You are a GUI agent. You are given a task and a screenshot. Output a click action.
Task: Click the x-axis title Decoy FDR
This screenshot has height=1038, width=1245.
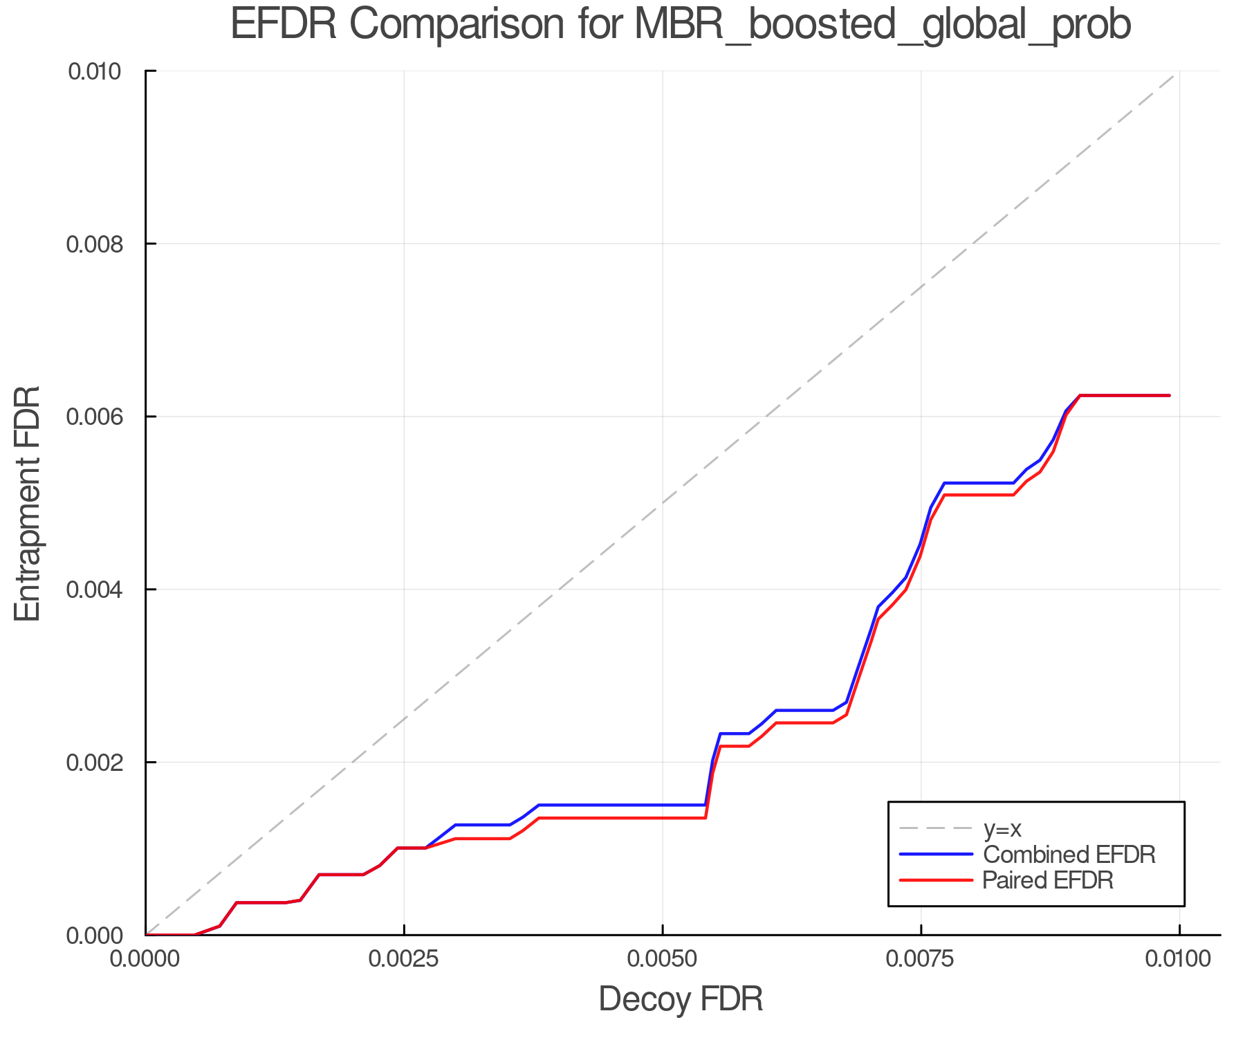tap(681, 999)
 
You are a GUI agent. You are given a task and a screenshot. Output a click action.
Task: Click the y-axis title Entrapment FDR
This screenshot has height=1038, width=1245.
tap(28, 503)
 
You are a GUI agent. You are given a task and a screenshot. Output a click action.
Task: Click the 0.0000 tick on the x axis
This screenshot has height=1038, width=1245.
tap(145, 959)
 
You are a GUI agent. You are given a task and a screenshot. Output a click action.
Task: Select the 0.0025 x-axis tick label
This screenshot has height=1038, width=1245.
tap(404, 959)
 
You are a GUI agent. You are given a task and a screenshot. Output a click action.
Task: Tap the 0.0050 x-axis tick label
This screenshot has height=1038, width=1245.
tap(663, 959)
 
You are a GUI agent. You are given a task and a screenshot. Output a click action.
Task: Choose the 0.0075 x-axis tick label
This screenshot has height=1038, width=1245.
tap(921, 959)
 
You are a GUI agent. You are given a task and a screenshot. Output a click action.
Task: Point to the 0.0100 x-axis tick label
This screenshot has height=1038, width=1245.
tap(1179, 959)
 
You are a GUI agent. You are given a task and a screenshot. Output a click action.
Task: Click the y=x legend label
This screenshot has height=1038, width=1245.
tap(1002, 828)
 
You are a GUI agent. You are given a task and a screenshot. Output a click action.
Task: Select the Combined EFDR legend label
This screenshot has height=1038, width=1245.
tap(1069, 855)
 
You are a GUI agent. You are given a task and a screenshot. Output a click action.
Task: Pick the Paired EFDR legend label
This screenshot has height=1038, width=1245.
tap(1048, 880)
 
